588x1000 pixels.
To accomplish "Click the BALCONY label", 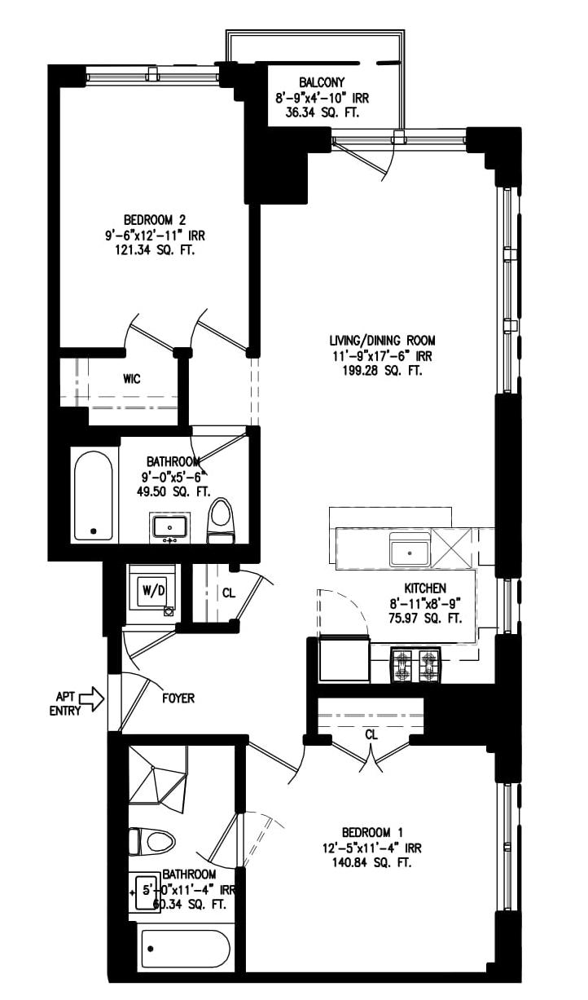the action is click(322, 82).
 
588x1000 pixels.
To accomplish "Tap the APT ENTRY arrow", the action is click(94, 698).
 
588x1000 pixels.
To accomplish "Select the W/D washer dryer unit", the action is click(151, 588).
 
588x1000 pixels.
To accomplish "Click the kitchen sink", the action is click(410, 551).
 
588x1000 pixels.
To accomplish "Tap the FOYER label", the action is click(178, 698).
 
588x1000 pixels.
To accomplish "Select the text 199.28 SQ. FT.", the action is click(375, 371).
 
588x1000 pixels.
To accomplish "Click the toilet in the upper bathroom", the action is click(221, 521).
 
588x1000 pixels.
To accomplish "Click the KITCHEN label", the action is click(425, 588).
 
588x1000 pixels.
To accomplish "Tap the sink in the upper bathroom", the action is click(169, 525).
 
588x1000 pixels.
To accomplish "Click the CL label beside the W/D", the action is click(229, 593).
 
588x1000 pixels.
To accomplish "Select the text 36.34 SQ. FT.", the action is click(322, 112).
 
